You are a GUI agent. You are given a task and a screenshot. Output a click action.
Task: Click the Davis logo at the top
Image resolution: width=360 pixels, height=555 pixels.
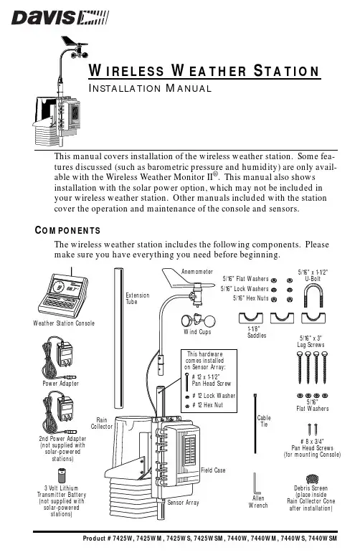(x=60, y=18)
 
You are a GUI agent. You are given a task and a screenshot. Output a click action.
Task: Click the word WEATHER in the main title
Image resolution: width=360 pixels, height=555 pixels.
(x=209, y=70)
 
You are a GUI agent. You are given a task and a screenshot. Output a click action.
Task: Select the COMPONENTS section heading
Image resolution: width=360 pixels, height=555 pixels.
(x=67, y=230)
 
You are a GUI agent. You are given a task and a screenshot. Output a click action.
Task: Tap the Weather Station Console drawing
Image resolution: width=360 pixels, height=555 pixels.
(x=63, y=295)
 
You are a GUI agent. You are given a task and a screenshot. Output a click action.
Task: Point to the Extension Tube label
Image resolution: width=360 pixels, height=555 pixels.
(x=138, y=298)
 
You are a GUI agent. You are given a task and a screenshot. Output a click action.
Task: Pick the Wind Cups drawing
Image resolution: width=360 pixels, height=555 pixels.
(x=198, y=321)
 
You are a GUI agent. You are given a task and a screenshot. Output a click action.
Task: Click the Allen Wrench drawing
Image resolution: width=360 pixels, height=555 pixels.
(x=255, y=483)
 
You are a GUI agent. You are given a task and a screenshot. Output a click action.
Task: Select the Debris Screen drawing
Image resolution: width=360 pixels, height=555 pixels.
(x=312, y=479)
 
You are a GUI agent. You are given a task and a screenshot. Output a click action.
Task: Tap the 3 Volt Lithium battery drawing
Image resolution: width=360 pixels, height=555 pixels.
(x=62, y=475)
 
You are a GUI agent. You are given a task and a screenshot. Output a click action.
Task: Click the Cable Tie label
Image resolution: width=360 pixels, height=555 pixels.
(x=264, y=421)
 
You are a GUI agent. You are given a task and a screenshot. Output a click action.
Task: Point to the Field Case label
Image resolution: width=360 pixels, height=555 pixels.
(x=213, y=470)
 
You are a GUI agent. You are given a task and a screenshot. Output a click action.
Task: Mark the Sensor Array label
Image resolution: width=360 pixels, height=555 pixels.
(x=183, y=502)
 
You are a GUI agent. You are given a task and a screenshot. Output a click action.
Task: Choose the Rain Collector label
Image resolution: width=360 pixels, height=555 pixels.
(x=102, y=423)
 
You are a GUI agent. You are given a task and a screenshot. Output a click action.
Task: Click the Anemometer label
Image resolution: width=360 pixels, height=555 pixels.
(x=197, y=272)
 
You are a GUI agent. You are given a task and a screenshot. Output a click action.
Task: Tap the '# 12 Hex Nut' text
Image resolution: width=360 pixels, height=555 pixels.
(x=207, y=405)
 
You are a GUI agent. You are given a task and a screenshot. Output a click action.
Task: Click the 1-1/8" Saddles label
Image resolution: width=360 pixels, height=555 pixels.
(x=257, y=332)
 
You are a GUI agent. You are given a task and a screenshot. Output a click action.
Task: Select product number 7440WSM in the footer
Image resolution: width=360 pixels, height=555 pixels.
(x=323, y=539)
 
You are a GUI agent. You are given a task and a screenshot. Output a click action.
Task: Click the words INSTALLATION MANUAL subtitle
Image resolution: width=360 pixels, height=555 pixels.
(x=150, y=88)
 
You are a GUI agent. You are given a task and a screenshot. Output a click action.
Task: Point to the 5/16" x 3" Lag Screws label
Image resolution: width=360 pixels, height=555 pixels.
(x=311, y=341)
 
